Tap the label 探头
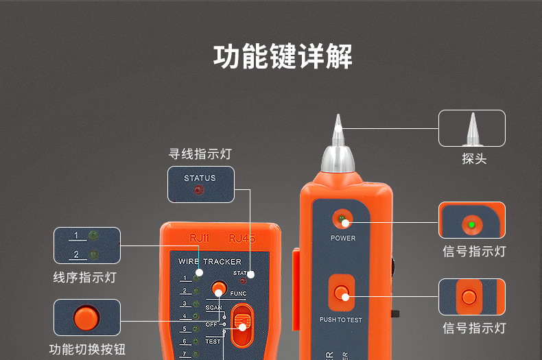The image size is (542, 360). click(473, 159)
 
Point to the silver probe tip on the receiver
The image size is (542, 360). click(338, 130)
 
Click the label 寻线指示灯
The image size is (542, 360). click(200, 154)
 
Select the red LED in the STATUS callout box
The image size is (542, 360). click(199, 191)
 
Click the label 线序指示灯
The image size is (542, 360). click(84, 277)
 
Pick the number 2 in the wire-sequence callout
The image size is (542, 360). click(75, 255)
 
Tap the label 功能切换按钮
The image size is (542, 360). click(87, 349)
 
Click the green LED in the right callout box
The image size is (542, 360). click(471, 224)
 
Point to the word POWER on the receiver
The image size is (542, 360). click(343, 239)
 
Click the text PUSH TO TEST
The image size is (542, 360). click(341, 320)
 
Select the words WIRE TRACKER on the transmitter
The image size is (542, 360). click(210, 262)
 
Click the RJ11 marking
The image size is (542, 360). click(198, 239)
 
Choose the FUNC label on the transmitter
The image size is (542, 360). click(238, 293)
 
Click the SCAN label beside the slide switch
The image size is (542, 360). click(213, 308)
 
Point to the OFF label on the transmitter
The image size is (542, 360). click(211, 324)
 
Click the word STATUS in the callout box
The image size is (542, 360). click(200, 178)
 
